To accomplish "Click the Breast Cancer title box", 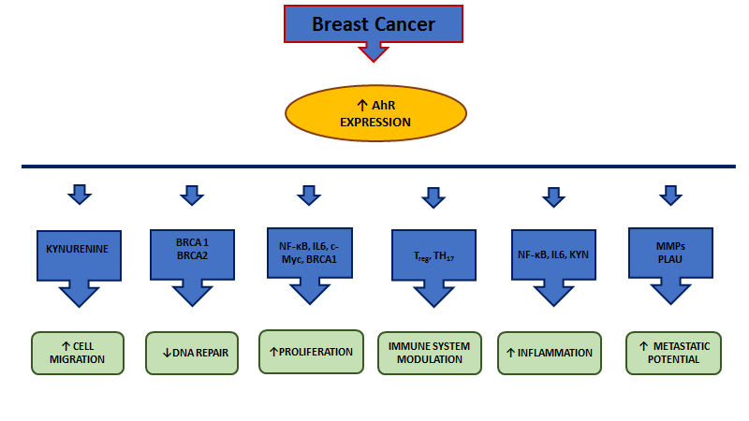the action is (x=374, y=24).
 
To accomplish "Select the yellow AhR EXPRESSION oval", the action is (x=375, y=113).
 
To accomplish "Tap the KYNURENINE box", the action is (x=79, y=255).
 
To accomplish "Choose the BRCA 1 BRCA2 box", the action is (x=192, y=254).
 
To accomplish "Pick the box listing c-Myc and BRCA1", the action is (x=310, y=253).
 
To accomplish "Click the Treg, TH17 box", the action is (x=433, y=254).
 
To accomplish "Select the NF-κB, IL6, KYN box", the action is (x=553, y=254).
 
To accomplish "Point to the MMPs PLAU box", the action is (x=670, y=253).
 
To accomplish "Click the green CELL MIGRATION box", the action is (x=78, y=354).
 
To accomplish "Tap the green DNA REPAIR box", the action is (x=192, y=354).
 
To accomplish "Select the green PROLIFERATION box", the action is (x=311, y=352).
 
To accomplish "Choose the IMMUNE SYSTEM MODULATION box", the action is (x=430, y=354).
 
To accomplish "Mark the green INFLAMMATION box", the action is (x=550, y=354).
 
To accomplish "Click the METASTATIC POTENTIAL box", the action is (x=673, y=354).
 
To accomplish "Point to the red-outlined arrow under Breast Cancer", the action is (x=374, y=51).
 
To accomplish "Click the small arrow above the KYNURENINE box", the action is (x=80, y=195).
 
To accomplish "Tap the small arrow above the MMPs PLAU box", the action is (x=670, y=196).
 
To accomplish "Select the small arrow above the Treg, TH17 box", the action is (x=433, y=197).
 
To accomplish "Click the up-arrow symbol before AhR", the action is (x=362, y=105).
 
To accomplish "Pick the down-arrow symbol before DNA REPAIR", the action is (x=167, y=354).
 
